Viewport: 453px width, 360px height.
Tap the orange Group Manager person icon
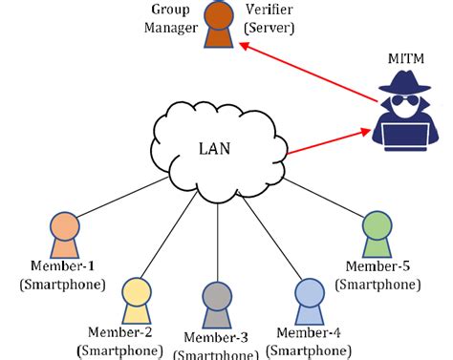pyautogui.click(x=219, y=25)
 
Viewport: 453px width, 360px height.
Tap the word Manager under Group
pyautogui.click(x=169, y=27)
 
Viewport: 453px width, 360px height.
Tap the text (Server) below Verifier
pyautogui.click(x=270, y=27)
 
